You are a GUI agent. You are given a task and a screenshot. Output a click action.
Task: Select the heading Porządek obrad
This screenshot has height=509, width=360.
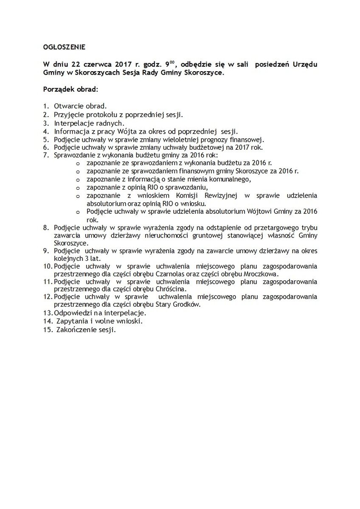71,90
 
